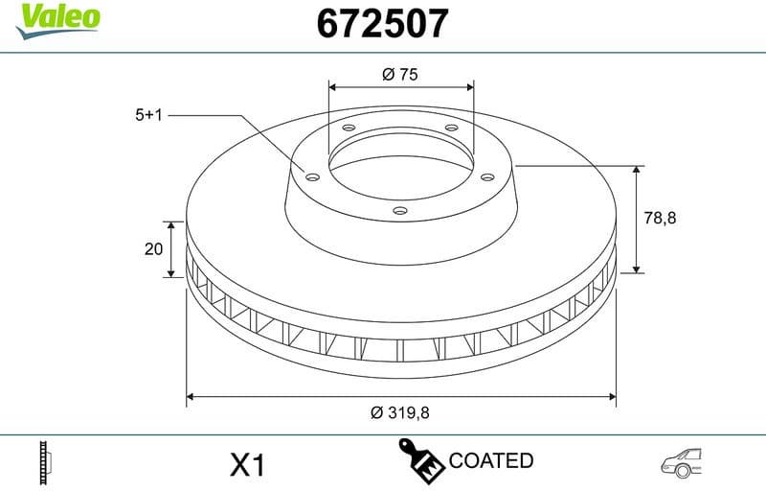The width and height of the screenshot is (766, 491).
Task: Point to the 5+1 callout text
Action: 150,114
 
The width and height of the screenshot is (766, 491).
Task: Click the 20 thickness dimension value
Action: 153,249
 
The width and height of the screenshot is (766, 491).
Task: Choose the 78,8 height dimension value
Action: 660,218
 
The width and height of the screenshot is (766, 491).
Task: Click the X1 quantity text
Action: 247,466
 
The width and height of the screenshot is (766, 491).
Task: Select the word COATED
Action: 491,460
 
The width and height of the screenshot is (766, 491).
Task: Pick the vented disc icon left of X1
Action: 43,463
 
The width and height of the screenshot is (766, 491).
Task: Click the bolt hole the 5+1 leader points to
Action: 311,175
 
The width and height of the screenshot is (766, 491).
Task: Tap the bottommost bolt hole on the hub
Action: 400,210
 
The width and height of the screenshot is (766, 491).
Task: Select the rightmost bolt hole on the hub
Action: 486,175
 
